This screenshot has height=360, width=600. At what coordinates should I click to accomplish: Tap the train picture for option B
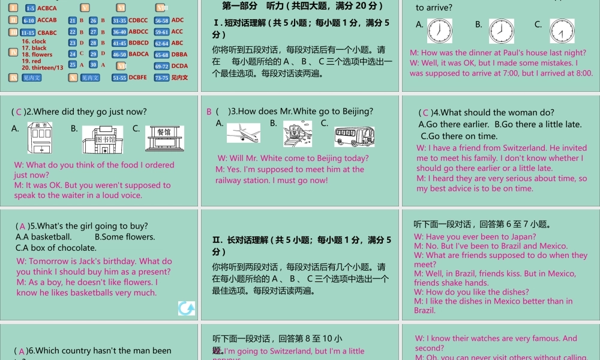[x=298, y=134]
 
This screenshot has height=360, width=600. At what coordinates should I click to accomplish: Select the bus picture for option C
[x=354, y=136]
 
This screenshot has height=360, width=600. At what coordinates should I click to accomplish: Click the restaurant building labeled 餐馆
[x=163, y=138]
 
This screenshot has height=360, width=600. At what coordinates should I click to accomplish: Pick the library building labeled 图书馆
[x=103, y=139]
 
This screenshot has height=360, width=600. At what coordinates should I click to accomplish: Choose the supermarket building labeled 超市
[x=40, y=137]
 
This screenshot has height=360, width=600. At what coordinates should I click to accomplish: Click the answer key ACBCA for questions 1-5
[x=47, y=8]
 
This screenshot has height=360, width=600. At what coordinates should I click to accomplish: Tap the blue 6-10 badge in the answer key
[x=29, y=20]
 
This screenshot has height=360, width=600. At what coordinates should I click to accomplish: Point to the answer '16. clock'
[x=34, y=41]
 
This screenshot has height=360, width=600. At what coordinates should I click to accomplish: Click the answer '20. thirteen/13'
[x=42, y=68]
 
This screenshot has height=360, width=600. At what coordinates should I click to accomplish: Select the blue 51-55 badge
[x=119, y=77]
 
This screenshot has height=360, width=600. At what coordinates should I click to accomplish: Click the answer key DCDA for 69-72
[x=179, y=66]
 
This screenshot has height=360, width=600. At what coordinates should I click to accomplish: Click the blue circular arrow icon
[x=187, y=308]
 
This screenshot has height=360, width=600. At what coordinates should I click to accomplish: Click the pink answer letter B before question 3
[x=209, y=112]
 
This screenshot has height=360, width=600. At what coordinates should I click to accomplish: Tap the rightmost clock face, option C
[x=562, y=31]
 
